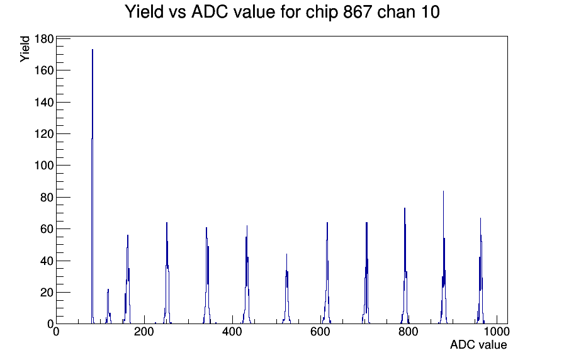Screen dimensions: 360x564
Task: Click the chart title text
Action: (282, 12)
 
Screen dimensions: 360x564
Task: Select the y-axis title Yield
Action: (25, 48)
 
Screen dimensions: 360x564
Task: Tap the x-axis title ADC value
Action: (478, 345)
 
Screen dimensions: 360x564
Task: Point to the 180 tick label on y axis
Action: (43, 39)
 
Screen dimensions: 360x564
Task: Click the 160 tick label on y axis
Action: (43, 70)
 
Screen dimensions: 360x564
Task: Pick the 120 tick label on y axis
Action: (43, 134)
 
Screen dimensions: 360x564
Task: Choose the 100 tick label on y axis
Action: (43, 166)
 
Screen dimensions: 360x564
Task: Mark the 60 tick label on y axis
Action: (46, 229)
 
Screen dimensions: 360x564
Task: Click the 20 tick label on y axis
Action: (46, 293)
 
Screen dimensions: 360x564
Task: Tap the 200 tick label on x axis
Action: (144, 332)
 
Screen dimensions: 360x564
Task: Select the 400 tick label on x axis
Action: (232, 332)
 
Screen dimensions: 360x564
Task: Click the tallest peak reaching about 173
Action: (93, 57)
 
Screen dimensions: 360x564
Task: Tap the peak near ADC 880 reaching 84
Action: (443, 195)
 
